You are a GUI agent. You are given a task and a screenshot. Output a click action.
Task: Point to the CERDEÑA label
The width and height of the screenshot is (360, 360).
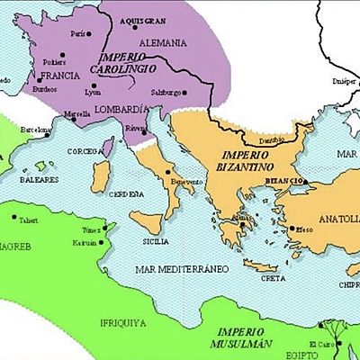click(x=126, y=193)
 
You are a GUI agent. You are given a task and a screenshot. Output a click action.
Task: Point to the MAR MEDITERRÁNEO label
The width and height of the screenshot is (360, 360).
click(x=178, y=269)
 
